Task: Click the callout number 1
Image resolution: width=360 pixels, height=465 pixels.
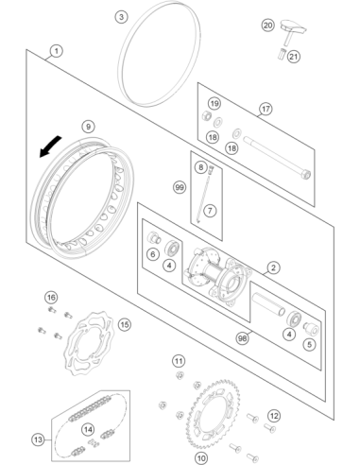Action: tap(56, 51)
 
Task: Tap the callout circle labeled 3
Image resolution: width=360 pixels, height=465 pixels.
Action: tap(121, 17)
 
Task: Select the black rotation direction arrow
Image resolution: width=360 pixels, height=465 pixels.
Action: tap(49, 146)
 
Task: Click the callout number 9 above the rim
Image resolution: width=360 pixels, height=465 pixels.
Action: tap(88, 127)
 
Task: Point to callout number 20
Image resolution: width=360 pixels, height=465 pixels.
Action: tap(268, 25)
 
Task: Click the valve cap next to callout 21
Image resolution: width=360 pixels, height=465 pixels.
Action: tap(282, 54)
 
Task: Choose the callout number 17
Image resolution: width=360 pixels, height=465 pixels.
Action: tap(266, 109)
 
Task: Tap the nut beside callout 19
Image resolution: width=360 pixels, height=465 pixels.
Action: tap(206, 115)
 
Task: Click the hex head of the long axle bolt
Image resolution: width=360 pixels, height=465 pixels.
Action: tap(306, 174)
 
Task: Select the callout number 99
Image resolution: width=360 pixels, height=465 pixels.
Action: tap(180, 188)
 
